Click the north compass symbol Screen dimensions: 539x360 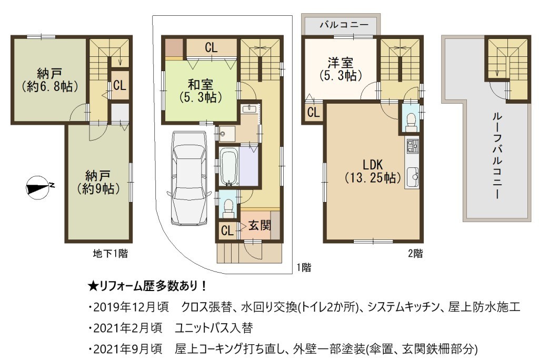38,188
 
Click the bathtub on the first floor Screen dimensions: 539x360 228,167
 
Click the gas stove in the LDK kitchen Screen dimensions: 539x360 412,146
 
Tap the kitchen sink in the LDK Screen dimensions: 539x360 413,177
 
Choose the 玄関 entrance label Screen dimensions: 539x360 259,226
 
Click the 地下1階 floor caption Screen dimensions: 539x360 111,254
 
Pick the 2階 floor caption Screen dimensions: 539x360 415,254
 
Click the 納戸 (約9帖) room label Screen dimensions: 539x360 98,183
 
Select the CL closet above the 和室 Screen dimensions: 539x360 211,47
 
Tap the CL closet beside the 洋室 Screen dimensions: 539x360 313,112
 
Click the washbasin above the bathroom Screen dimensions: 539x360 248,109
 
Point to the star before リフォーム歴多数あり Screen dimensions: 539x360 93,286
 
